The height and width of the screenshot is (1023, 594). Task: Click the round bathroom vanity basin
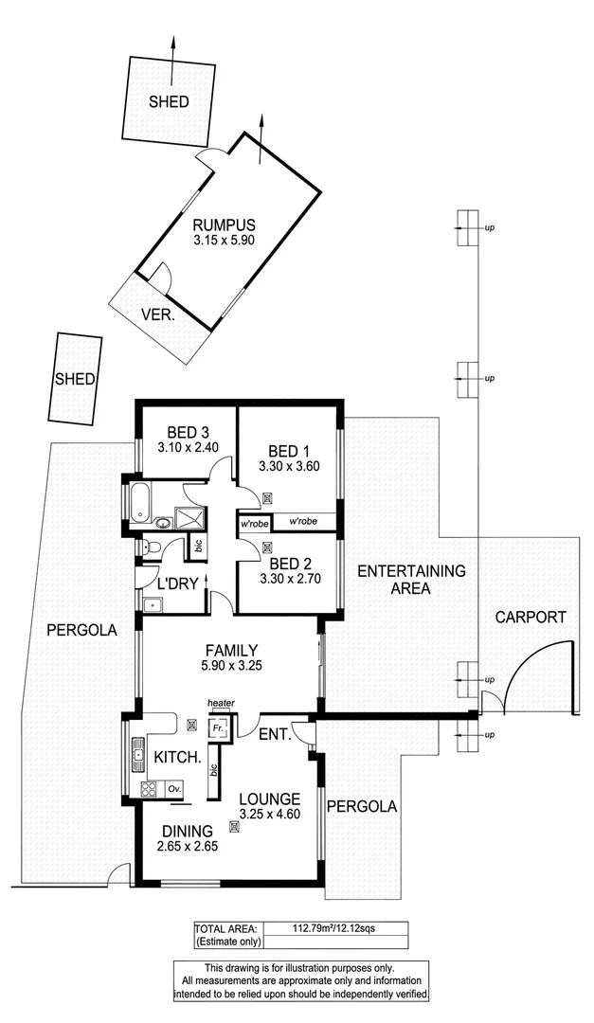(x=161, y=522)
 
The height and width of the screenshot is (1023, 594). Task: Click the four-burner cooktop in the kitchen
(x=149, y=788)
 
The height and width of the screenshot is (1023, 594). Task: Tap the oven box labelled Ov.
(x=174, y=788)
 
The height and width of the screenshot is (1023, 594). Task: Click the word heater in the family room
(x=221, y=703)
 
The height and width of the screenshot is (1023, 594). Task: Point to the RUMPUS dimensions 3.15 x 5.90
(x=224, y=242)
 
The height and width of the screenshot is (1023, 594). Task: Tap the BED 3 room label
(x=187, y=428)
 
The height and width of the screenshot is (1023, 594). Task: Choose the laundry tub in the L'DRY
(x=152, y=603)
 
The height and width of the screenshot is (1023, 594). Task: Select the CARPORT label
(x=531, y=617)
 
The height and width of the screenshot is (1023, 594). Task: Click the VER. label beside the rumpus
(x=157, y=314)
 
